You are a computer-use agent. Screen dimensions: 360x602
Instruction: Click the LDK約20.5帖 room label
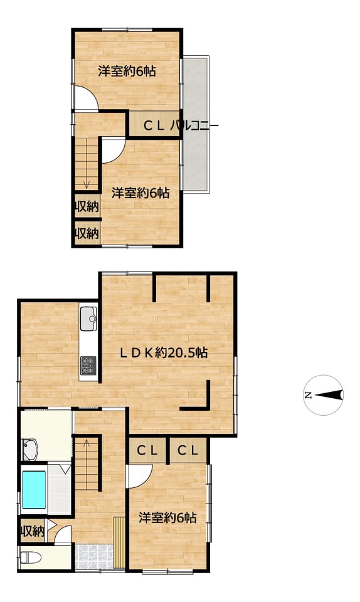[164, 352]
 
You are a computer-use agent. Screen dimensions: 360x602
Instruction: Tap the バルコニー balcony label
[194, 126]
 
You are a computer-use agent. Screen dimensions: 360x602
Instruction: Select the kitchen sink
[88, 319]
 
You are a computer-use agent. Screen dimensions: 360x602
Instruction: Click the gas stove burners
[88, 365]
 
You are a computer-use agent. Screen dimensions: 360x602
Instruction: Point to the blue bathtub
[34, 490]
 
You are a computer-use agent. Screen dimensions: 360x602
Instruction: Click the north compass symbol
[323, 395]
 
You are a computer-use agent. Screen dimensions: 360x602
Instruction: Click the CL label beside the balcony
[154, 126]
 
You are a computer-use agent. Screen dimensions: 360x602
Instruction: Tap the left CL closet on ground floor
[147, 450]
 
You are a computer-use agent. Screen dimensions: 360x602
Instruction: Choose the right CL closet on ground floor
[188, 450]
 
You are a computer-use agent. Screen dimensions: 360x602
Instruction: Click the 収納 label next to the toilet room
[32, 532]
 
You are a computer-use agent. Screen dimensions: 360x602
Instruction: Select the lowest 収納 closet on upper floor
[87, 233]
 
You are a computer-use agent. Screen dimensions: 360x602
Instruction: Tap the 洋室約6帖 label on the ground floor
[167, 519]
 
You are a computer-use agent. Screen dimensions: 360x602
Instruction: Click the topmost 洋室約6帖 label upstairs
[127, 71]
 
